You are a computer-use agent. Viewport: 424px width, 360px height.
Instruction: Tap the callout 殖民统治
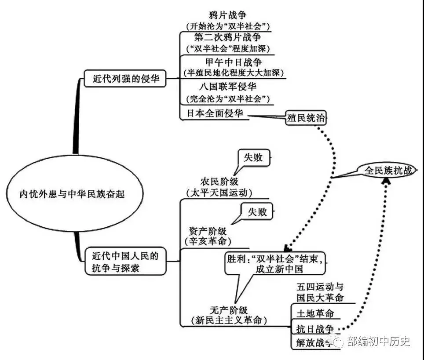tap(307, 118)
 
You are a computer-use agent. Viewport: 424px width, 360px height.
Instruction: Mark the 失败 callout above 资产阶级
tap(256, 212)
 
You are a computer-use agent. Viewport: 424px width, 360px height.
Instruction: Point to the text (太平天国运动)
tap(219, 193)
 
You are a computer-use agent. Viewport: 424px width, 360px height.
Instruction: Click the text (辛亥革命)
tap(208, 241)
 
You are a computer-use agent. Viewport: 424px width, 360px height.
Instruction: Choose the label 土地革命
tap(314, 313)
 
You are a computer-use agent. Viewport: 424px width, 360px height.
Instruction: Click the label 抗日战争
tap(314, 329)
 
